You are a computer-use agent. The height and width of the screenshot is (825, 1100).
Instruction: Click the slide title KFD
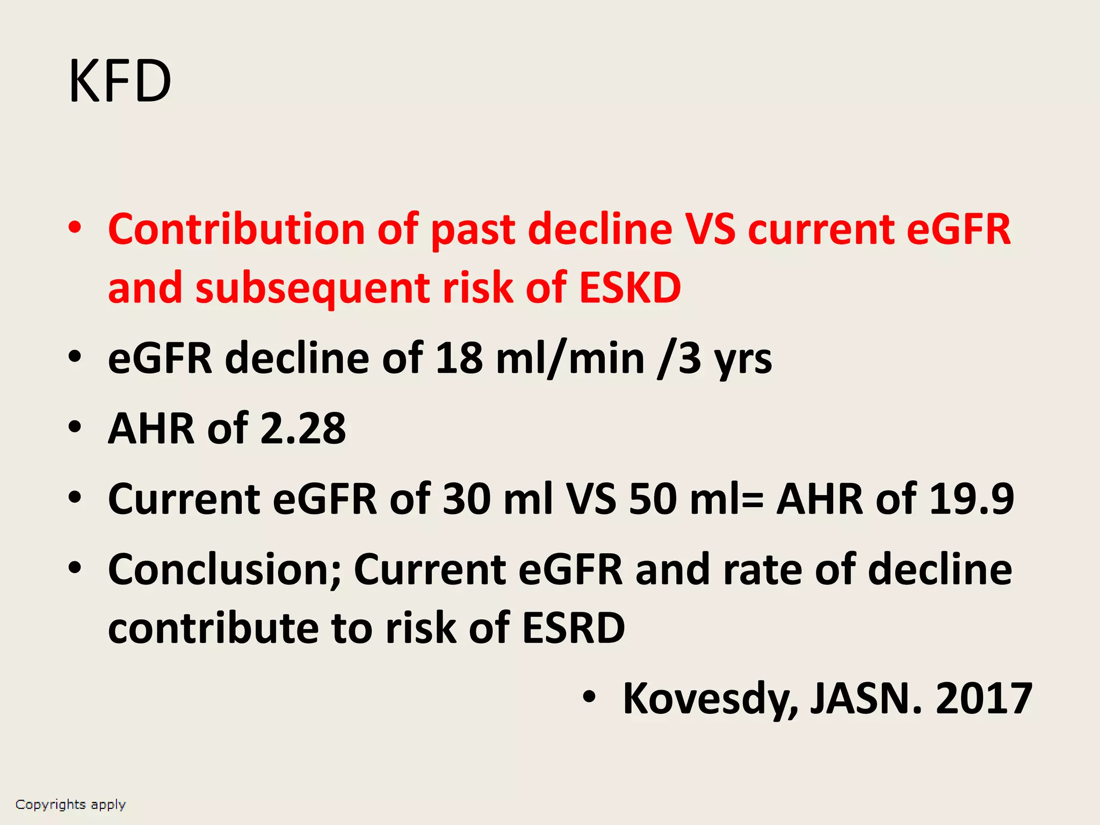tap(120, 82)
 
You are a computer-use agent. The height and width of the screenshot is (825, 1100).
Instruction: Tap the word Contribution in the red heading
tap(236, 229)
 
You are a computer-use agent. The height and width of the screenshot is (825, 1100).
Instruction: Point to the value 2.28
tap(303, 429)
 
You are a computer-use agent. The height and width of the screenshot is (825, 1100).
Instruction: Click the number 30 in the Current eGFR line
tap(466, 499)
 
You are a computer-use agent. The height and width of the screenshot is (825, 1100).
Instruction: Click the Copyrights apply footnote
tap(70, 805)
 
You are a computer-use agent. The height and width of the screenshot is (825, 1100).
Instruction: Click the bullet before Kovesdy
tap(589, 697)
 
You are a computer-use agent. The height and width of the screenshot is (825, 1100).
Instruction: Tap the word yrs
tap(743, 359)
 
